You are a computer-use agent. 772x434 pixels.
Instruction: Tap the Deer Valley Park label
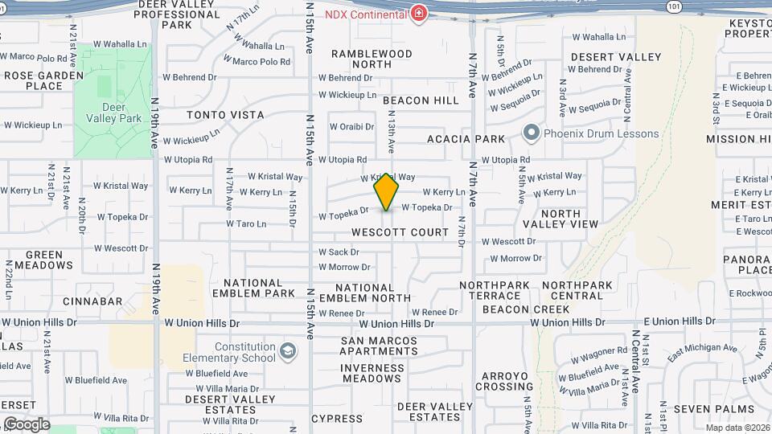[113, 113]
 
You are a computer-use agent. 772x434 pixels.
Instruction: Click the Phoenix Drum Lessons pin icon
[531, 133]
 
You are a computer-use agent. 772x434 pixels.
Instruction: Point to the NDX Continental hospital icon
[419, 14]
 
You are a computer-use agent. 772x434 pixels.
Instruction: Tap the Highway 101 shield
[674, 6]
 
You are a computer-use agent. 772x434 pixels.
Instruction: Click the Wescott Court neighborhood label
[400, 232]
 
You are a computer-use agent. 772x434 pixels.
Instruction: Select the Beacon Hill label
[421, 100]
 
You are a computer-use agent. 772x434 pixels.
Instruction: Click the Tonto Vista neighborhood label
[225, 115]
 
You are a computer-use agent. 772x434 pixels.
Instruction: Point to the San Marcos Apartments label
[379, 346]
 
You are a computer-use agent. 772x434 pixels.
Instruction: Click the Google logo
[26, 424]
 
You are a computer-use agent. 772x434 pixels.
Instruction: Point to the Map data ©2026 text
[737, 428]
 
